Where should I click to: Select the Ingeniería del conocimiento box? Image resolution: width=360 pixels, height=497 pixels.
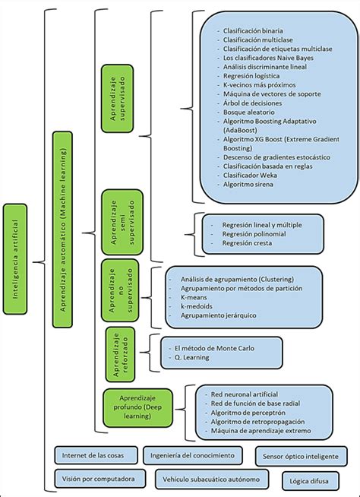tap(193, 455)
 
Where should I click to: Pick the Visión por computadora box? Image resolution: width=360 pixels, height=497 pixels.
tap(99, 480)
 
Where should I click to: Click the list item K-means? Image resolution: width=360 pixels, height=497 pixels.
tap(194, 299)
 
